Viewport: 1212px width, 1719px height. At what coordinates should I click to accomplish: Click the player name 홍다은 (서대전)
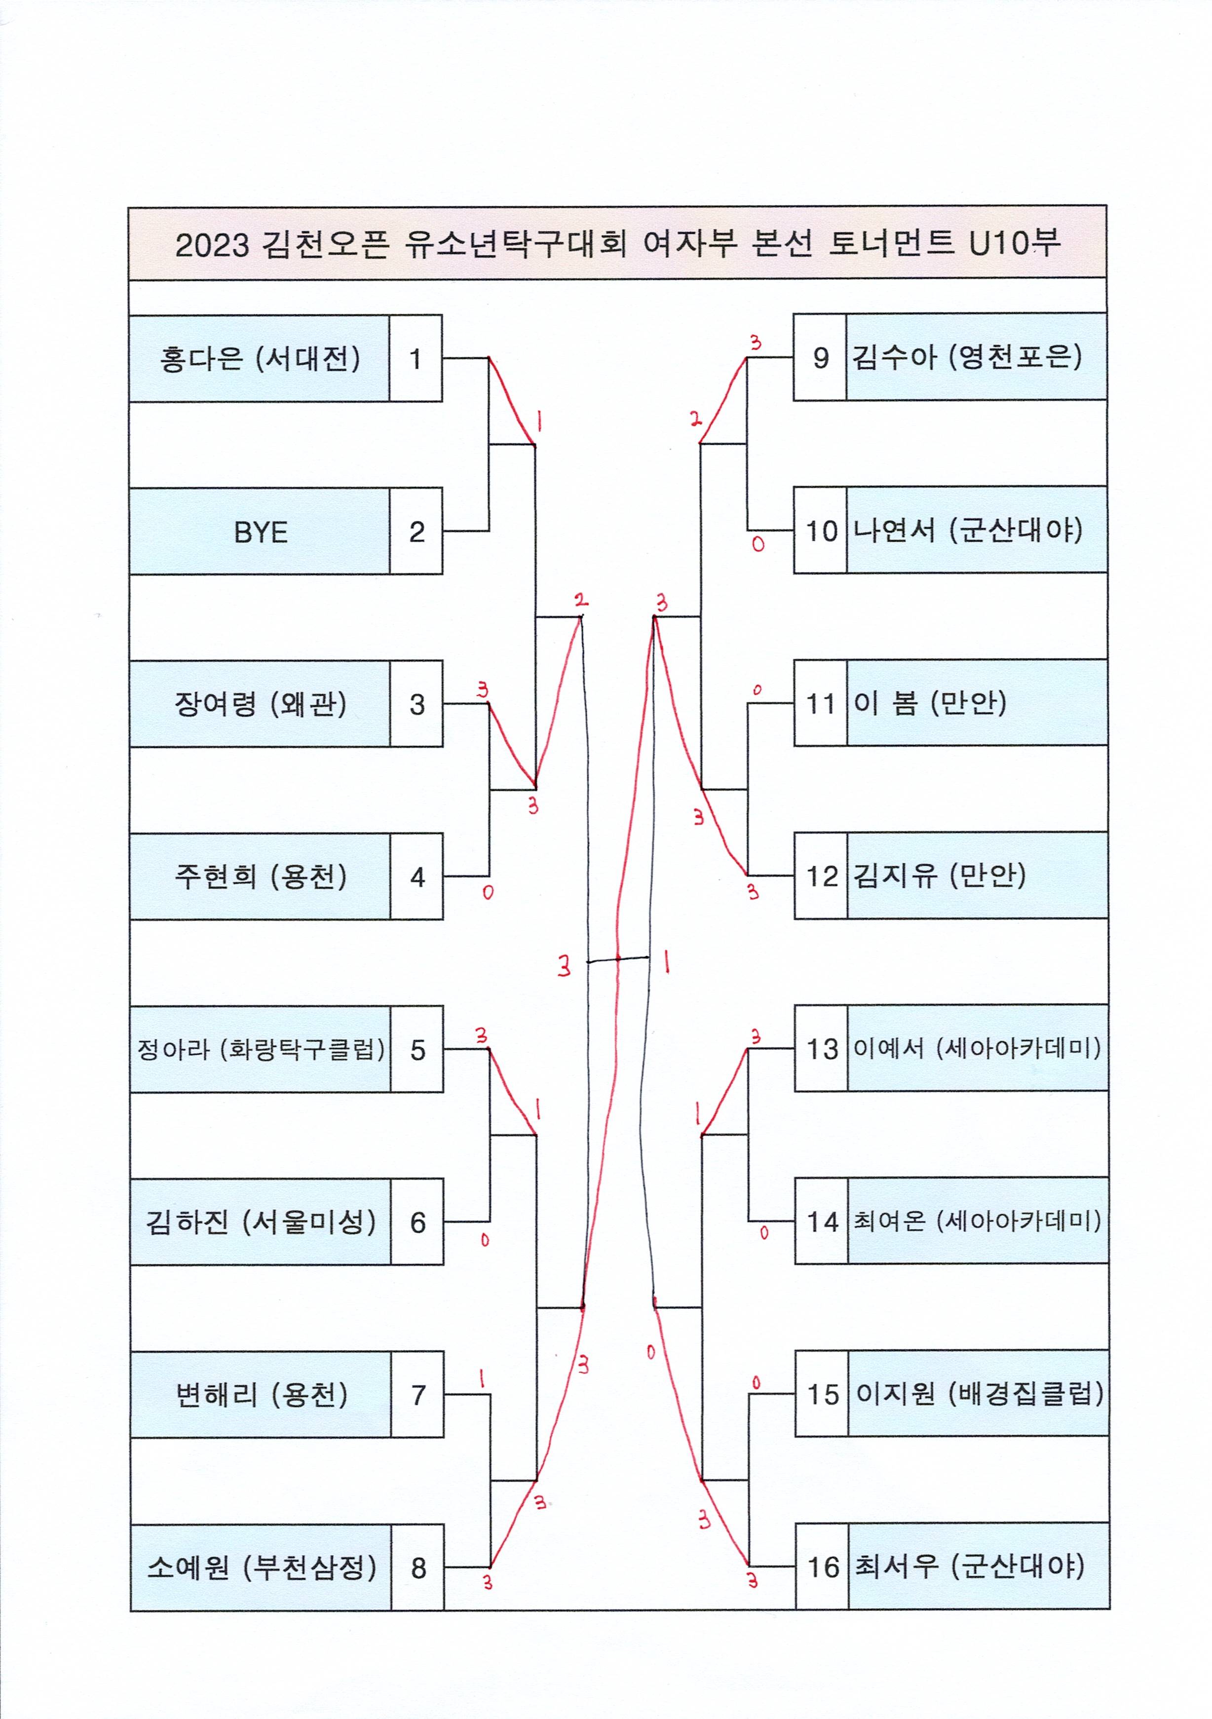coord(259,359)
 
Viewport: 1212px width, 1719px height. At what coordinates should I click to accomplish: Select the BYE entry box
coord(260,532)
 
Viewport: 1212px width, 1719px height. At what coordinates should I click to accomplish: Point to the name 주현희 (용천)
coord(260,876)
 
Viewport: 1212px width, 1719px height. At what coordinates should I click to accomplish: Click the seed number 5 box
coord(417,1049)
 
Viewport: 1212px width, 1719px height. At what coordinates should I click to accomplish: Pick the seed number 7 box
coord(417,1394)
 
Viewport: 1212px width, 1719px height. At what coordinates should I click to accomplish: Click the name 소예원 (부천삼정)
coord(261,1567)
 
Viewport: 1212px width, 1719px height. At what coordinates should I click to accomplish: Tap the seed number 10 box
coord(821,530)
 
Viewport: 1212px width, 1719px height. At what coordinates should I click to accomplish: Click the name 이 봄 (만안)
coord(929,702)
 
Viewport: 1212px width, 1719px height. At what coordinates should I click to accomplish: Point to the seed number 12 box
coord(821,875)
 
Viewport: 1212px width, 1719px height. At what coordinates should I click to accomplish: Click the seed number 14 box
coord(822,1221)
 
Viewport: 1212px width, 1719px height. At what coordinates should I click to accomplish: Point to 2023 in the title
coord(212,245)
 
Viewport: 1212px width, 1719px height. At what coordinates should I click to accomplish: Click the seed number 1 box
coord(416,359)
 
